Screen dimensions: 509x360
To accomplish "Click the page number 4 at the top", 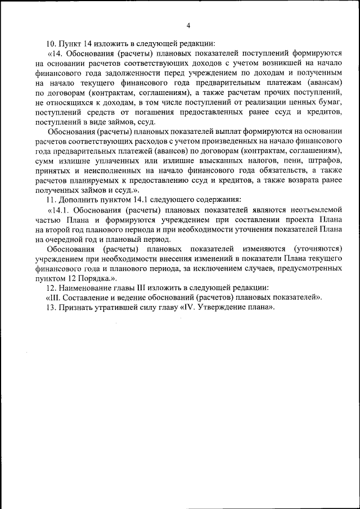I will coord(188,25).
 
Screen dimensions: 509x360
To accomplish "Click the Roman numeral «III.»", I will coord(53,298).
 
